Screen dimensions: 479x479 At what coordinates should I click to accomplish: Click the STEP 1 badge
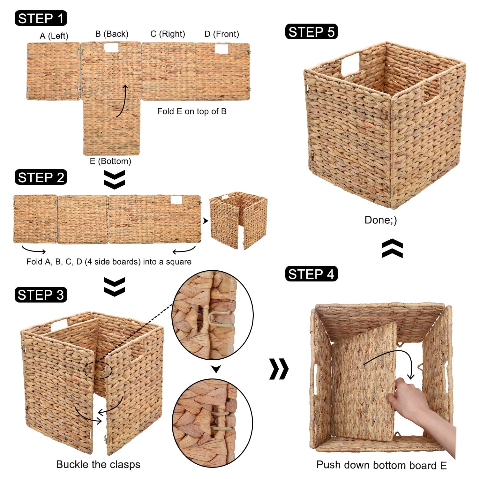click(x=41, y=19)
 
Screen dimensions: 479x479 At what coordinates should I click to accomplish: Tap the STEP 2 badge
click(x=41, y=177)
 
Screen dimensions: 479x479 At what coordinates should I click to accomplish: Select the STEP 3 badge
click(x=41, y=295)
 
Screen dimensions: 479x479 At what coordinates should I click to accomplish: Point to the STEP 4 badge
click(x=311, y=274)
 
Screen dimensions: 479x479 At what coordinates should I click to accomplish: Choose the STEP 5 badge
click(x=311, y=32)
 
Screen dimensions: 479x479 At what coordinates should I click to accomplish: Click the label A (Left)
click(x=54, y=36)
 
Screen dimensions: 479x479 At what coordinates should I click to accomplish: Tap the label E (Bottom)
click(x=110, y=161)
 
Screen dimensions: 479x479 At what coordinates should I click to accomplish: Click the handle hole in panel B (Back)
click(x=111, y=48)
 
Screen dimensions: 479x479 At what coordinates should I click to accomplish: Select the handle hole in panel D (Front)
click(x=221, y=49)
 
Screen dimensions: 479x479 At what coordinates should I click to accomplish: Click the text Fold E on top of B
click(x=192, y=111)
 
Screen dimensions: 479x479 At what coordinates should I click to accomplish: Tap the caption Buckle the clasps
click(x=98, y=464)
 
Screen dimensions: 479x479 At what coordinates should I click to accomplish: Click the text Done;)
click(x=381, y=220)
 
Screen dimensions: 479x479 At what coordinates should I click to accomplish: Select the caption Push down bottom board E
click(x=381, y=465)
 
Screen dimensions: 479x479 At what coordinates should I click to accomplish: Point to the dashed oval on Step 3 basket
click(x=98, y=370)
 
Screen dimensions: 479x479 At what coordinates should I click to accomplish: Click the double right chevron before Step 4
click(x=279, y=369)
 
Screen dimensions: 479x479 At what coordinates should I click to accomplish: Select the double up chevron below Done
click(x=392, y=248)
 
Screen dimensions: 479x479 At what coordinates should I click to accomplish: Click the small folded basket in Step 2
click(x=238, y=220)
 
